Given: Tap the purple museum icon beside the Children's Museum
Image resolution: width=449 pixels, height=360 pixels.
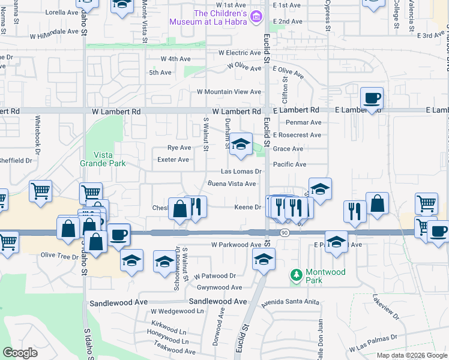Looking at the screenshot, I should pos(257,16).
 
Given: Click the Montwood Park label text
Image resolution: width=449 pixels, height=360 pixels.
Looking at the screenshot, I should pos(325,276).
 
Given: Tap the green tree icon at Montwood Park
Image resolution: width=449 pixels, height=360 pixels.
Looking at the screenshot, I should pos(295,275).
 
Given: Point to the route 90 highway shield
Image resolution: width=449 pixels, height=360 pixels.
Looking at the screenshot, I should pos(284,232).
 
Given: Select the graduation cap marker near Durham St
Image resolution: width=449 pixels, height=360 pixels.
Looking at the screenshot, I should pos(241,145).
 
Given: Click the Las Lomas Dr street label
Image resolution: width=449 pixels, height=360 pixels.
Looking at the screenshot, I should pos(242,172).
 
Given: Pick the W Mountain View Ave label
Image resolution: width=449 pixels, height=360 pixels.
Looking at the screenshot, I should pos(229,92).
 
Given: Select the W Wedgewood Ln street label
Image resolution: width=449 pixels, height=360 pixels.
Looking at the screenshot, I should pos(177,311).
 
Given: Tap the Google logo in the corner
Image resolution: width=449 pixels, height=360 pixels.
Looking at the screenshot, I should pos(20,353).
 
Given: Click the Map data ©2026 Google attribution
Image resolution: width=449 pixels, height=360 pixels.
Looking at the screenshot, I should pos(411,355).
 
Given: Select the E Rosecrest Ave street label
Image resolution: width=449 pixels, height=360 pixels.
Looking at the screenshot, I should pos(297,135).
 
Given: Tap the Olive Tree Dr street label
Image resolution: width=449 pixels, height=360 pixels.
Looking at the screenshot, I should pos(59,256).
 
